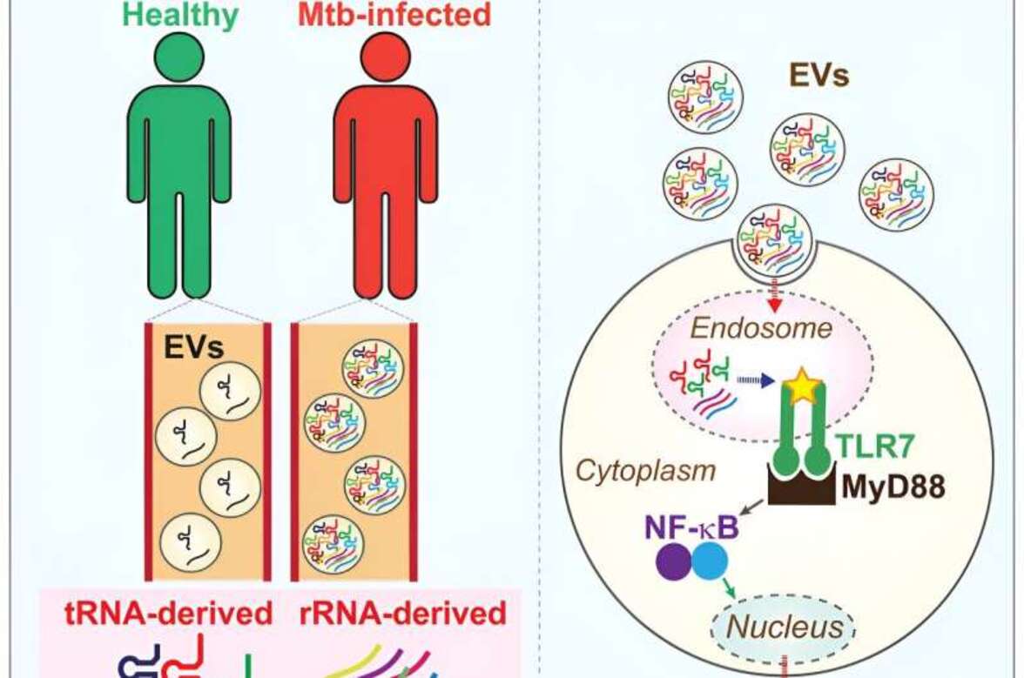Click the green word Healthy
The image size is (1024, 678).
(179, 15)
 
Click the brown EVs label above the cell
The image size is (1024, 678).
(819, 77)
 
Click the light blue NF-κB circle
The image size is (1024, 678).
(709, 562)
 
